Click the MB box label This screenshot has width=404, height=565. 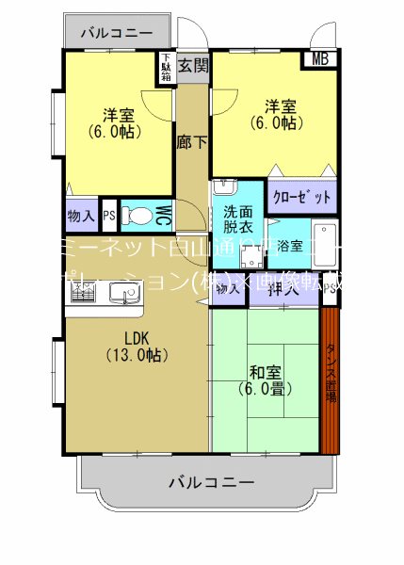320,60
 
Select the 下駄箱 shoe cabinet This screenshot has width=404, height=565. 166,69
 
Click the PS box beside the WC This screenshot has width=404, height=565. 109,215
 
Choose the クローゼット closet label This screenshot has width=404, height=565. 301,198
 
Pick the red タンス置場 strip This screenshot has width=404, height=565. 331,377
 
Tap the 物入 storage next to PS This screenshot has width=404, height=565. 81,216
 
